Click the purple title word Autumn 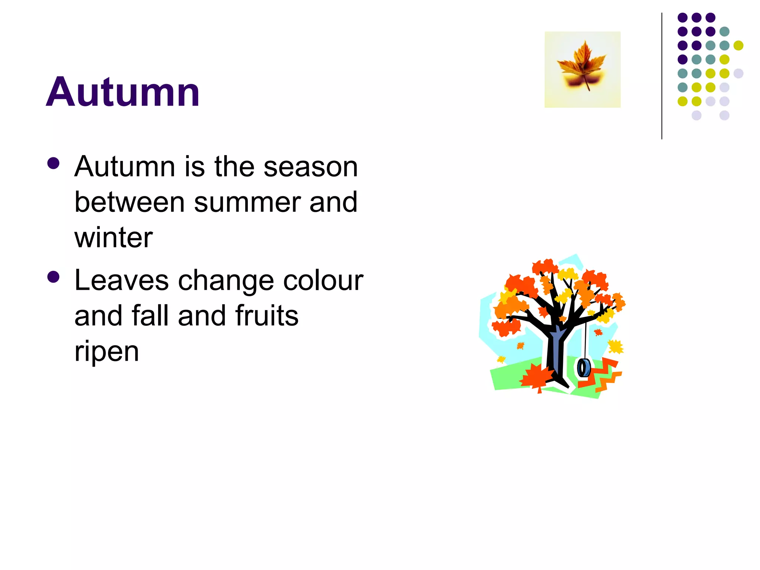coord(123,92)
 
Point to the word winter coord(114,237)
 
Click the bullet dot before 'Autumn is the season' coord(54,163)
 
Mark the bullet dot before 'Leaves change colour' coord(54,277)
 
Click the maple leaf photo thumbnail coord(582,69)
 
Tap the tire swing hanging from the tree coord(584,367)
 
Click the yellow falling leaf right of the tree coord(616,347)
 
